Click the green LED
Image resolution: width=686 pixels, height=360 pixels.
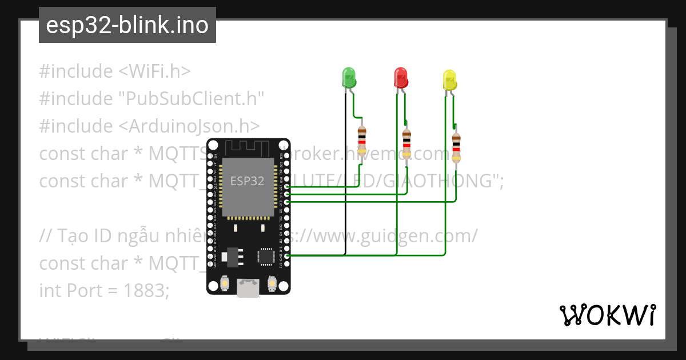click(349, 77)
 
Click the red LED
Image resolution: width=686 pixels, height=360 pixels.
click(401, 77)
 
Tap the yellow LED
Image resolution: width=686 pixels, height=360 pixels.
click(450, 79)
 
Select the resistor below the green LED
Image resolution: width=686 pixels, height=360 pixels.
click(361, 139)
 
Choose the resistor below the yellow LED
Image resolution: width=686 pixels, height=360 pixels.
click(456, 147)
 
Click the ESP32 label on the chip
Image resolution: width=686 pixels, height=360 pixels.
click(247, 181)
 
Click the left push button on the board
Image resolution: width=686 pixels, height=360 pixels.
click(225, 283)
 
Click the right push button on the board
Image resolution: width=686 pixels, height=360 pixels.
click(272, 283)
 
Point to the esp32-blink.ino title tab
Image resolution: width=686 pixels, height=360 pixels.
click(127, 25)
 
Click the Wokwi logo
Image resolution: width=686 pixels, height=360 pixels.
click(607, 315)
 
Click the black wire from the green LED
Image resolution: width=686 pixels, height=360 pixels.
click(345, 171)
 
